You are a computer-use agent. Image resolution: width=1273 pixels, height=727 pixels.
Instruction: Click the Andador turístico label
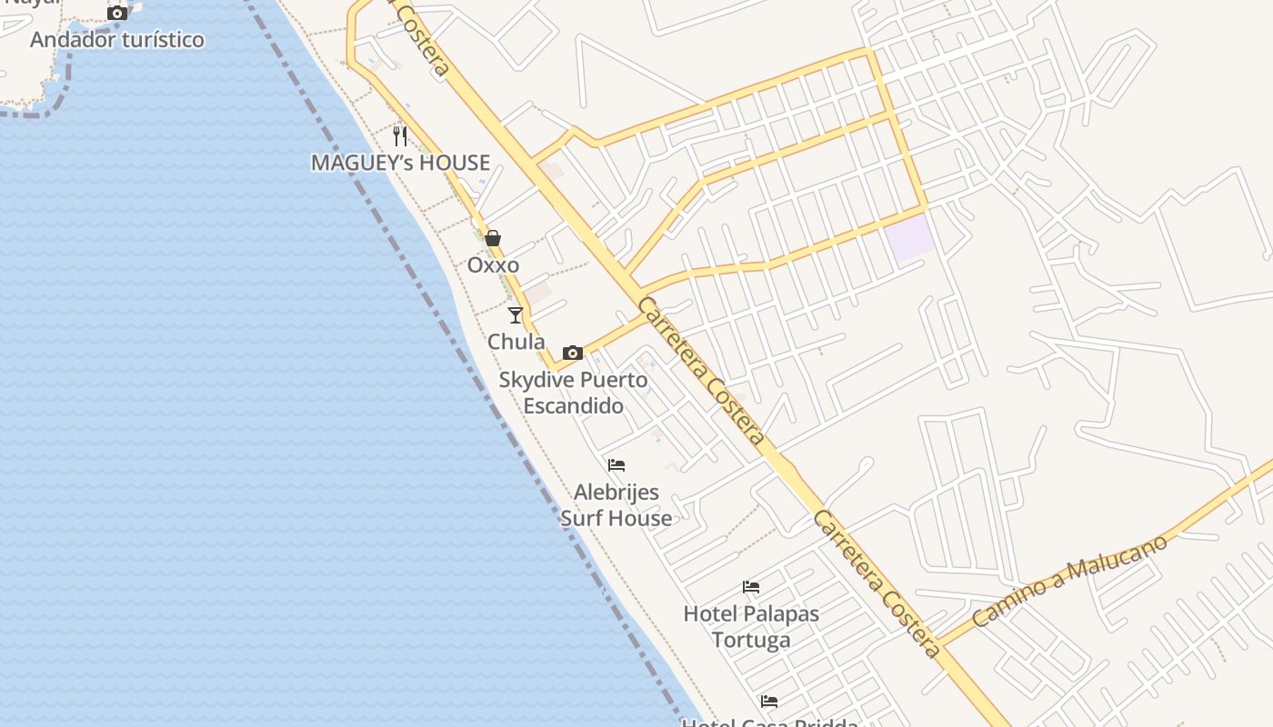click(117, 40)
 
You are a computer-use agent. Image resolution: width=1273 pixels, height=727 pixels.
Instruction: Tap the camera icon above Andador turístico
click(117, 13)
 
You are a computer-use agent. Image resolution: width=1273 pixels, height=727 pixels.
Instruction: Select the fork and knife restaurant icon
click(400, 136)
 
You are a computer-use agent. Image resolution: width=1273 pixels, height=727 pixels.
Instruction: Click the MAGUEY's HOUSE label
click(400, 164)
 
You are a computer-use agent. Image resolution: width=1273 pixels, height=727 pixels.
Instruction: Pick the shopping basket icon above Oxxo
click(493, 238)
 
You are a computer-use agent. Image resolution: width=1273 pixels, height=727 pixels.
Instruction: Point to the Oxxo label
click(493, 265)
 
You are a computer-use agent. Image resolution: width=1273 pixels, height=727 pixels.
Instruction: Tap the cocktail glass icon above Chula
click(516, 315)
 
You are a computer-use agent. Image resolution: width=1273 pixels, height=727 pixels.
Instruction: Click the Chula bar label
click(516, 343)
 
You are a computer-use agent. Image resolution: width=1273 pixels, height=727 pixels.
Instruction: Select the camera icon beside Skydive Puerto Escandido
click(573, 353)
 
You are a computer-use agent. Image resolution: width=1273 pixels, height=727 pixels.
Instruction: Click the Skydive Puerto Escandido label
click(573, 393)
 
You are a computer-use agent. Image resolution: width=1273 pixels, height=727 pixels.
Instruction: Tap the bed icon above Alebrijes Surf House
click(616, 465)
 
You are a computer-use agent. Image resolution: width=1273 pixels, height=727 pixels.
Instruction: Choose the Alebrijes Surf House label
click(616, 505)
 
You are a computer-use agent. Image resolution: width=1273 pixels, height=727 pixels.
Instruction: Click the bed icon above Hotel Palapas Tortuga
click(751, 587)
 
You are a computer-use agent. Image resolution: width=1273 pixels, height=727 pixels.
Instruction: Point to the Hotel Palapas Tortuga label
click(751, 627)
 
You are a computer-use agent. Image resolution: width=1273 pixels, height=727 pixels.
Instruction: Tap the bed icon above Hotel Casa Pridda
click(769, 702)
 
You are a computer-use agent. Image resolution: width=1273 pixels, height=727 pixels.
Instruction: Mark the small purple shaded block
click(910, 238)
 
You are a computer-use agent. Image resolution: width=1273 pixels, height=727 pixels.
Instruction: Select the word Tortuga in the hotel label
click(751, 641)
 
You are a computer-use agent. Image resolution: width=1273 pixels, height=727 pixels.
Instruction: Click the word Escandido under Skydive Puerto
click(573, 406)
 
